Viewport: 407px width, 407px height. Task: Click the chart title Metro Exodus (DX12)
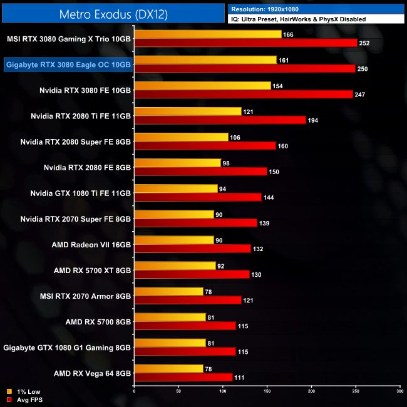(x=113, y=13)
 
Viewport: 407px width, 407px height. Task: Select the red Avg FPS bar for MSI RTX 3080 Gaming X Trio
(x=245, y=43)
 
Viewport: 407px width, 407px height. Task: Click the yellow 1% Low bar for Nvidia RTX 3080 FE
(x=202, y=86)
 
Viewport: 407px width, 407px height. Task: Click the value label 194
(x=314, y=120)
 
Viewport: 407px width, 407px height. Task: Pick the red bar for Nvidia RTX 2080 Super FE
(x=205, y=146)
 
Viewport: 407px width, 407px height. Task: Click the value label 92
(x=221, y=265)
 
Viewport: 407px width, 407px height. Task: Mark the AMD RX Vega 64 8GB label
(x=92, y=373)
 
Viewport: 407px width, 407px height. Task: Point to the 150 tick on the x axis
(x=267, y=391)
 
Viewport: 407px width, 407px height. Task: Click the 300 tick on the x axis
(x=399, y=391)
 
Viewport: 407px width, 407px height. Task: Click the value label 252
(x=366, y=43)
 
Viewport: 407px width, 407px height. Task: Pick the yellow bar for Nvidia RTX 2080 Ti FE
(x=188, y=111)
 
